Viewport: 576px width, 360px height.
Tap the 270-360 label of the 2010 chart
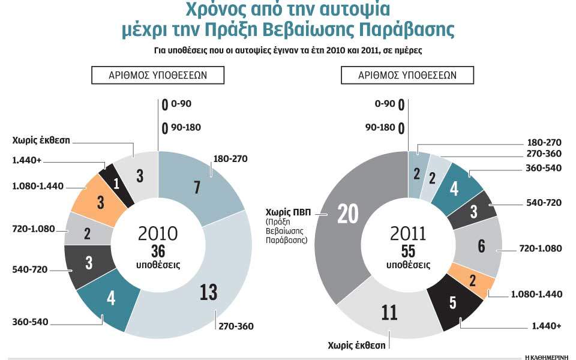click(236, 326)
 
